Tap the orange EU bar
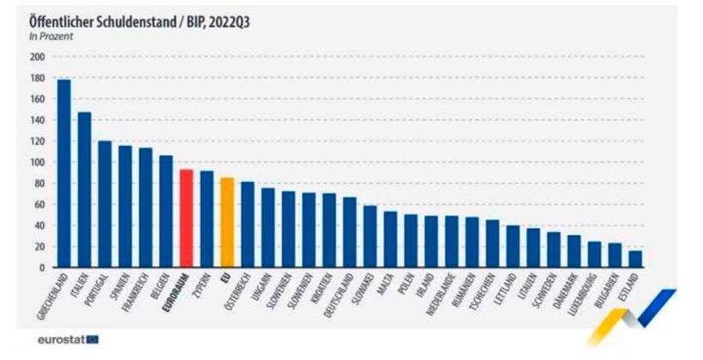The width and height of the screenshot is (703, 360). tap(227, 222)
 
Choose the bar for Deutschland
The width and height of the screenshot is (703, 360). tap(350, 232)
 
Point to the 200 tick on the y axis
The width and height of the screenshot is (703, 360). tap(37, 57)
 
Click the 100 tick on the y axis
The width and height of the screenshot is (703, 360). tap(37, 162)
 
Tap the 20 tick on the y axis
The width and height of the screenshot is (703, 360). tap(39, 247)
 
